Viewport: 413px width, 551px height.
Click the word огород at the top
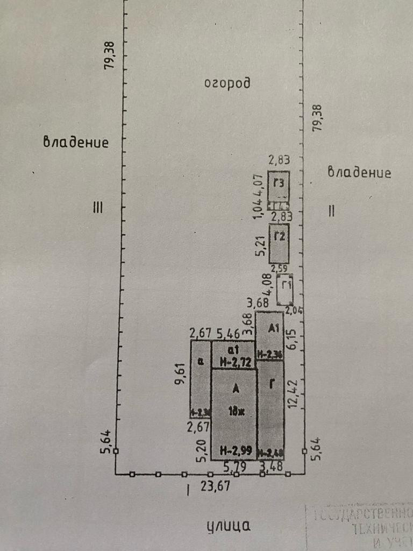pyautogui.click(x=227, y=83)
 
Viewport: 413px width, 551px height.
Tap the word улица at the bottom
pyautogui.click(x=228, y=526)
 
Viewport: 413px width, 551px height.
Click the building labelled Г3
pyautogui.click(x=279, y=186)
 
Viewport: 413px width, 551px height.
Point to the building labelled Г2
pyautogui.click(x=279, y=243)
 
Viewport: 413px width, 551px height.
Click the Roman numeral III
pyautogui.click(x=97, y=208)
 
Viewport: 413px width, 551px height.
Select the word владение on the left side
pyautogui.click(x=76, y=143)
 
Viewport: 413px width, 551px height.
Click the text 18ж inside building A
pyautogui.click(x=235, y=413)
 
